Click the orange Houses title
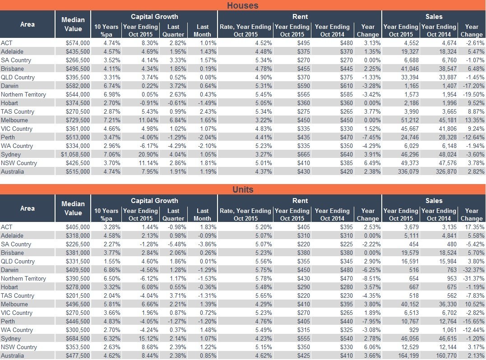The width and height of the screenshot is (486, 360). point(243,5)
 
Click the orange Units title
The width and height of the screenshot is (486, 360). point(243,189)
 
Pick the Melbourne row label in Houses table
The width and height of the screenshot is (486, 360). point(14,120)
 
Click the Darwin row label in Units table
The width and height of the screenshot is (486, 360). point(9,270)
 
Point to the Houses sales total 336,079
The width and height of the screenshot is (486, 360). point(408,171)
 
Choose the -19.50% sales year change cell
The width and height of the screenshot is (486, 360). point(474,94)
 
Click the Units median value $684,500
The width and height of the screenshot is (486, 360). point(78,339)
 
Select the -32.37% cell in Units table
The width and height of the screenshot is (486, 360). point(474,270)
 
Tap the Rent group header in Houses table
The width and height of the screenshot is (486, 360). point(300,17)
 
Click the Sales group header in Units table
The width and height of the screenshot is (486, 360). point(434,201)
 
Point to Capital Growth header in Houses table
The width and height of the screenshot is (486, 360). point(154,17)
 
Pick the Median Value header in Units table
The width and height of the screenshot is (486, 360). point(73,208)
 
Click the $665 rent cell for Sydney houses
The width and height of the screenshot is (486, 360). point(303,154)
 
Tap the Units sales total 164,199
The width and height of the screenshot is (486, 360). point(408,355)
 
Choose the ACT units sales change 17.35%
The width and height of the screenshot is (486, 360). point(475,227)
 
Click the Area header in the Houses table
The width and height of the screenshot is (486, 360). point(27,24)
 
